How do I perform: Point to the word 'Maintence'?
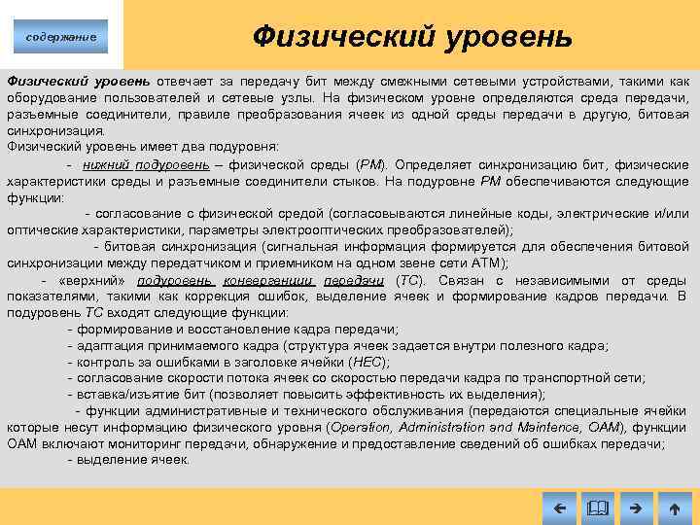[550, 428]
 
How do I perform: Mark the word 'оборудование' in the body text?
[48, 97]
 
